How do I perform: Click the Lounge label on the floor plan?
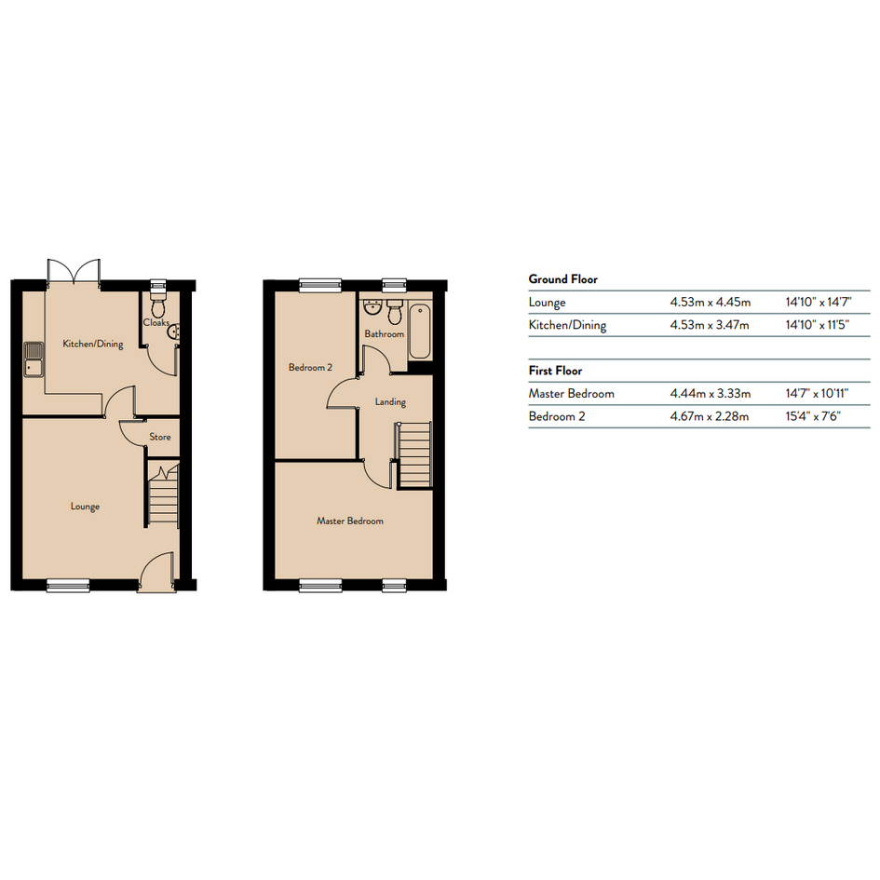click(x=85, y=507)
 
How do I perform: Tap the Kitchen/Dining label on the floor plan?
click(x=92, y=344)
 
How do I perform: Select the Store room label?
click(x=160, y=437)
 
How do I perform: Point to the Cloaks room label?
click(x=156, y=323)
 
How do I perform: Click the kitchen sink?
click(x=34, y=359)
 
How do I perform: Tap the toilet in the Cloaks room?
click(x=158, y=302)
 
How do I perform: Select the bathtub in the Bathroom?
click(x=420, y=332)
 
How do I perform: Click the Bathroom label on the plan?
click(x=385, y=334)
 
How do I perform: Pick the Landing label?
click(x=390, y=402)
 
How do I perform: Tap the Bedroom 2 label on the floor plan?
click(x=310, y=368)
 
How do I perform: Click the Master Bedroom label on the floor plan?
click(x=350, y=521)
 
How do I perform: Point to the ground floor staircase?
click(x=163, y=494)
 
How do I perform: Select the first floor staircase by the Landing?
click(x=414, y=455)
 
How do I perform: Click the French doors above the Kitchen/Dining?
click(x=74, y=272)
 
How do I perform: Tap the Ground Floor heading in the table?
click(x=562, y=279)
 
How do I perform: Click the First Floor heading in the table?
click(x=555, y=371)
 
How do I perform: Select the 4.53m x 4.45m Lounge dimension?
click(x=710, y=302)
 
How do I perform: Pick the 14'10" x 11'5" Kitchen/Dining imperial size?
click(x=818, y=324)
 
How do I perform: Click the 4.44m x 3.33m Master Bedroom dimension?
click(x=710, y=393)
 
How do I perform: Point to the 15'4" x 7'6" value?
click(x=813, y=416)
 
